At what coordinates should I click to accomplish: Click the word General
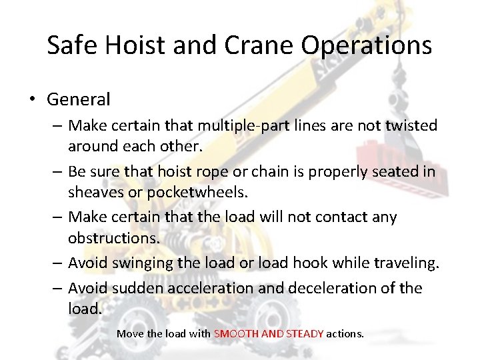78,100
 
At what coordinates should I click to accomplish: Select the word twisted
412,125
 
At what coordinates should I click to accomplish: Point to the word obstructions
111,237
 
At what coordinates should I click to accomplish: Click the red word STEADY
305,333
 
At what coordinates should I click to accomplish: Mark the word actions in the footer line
345,333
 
